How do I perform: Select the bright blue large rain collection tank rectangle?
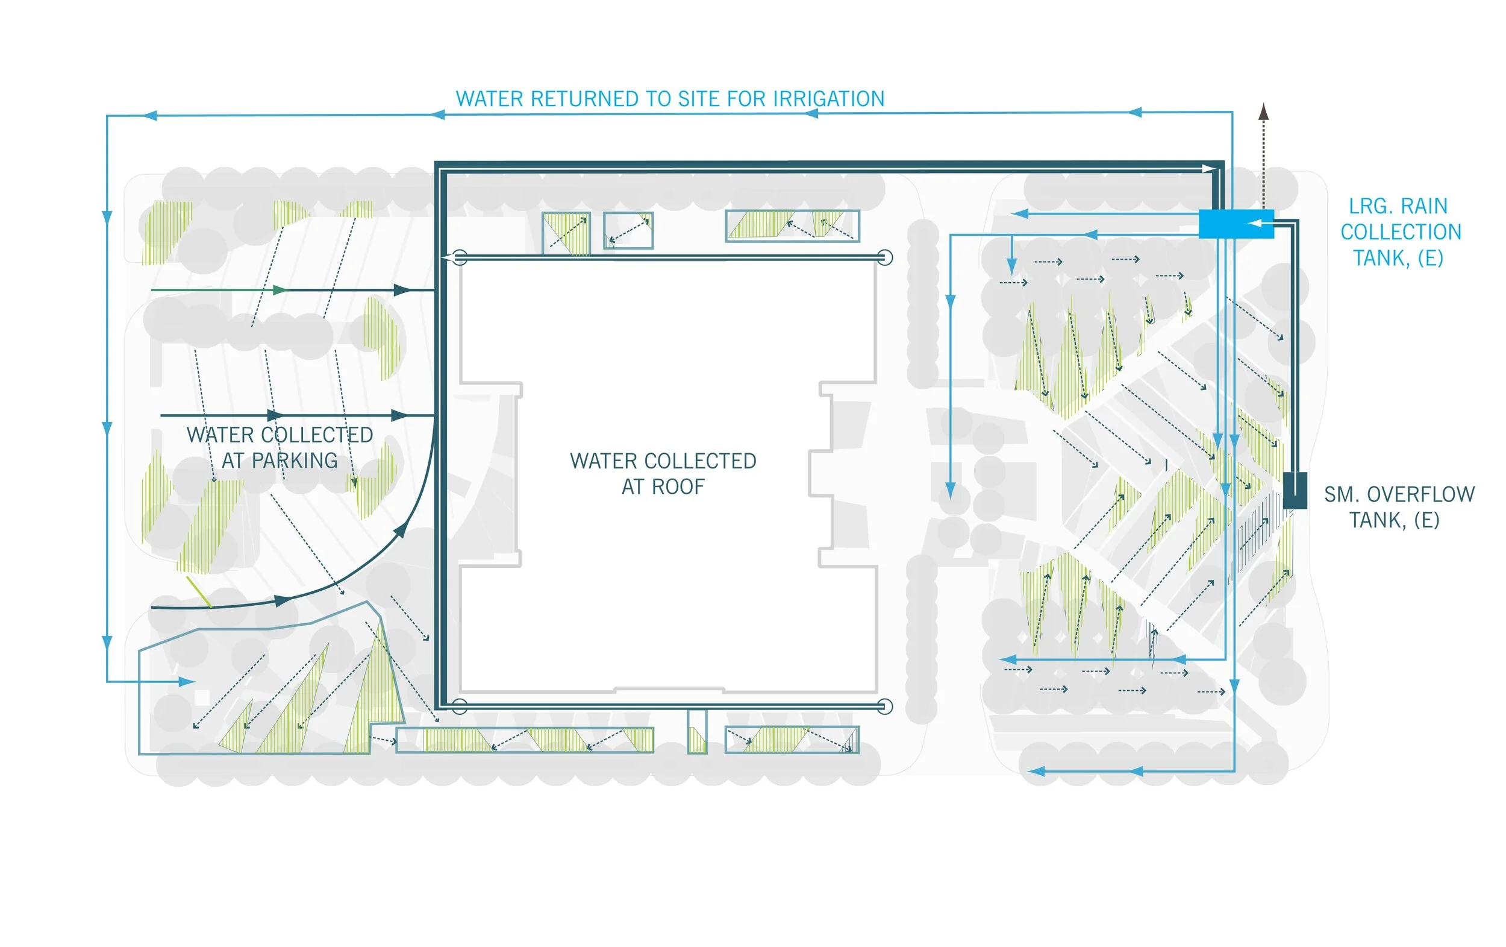[x=1235, y=224]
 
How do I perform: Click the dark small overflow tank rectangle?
[x=1294, y=490]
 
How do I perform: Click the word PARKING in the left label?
[x=295, y=461]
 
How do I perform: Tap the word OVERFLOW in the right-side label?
[x=1420, y=494]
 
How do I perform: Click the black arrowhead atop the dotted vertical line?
[x=1263, y=112]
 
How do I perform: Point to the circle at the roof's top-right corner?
[x=884, y=257]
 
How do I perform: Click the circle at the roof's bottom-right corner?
[x=884, y=706]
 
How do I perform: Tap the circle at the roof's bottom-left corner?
[x=459, y=706]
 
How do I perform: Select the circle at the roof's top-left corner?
[x=459, y=257]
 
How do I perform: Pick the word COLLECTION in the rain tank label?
[x=1401, y=232]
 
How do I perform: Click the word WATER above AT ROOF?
[x=604, y=461]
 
